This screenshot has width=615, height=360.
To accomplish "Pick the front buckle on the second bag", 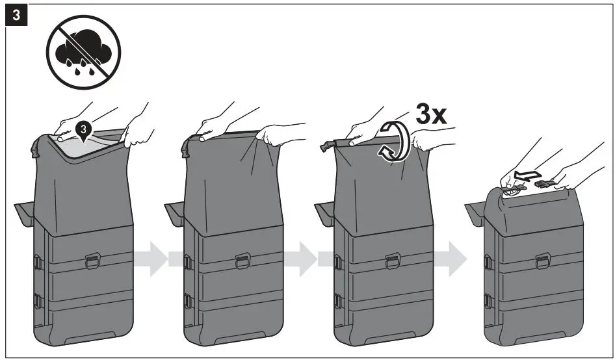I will coord(242,261).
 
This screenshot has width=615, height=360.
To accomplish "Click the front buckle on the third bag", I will coord(392,261).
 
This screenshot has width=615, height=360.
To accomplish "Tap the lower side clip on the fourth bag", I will coord(487,300).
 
